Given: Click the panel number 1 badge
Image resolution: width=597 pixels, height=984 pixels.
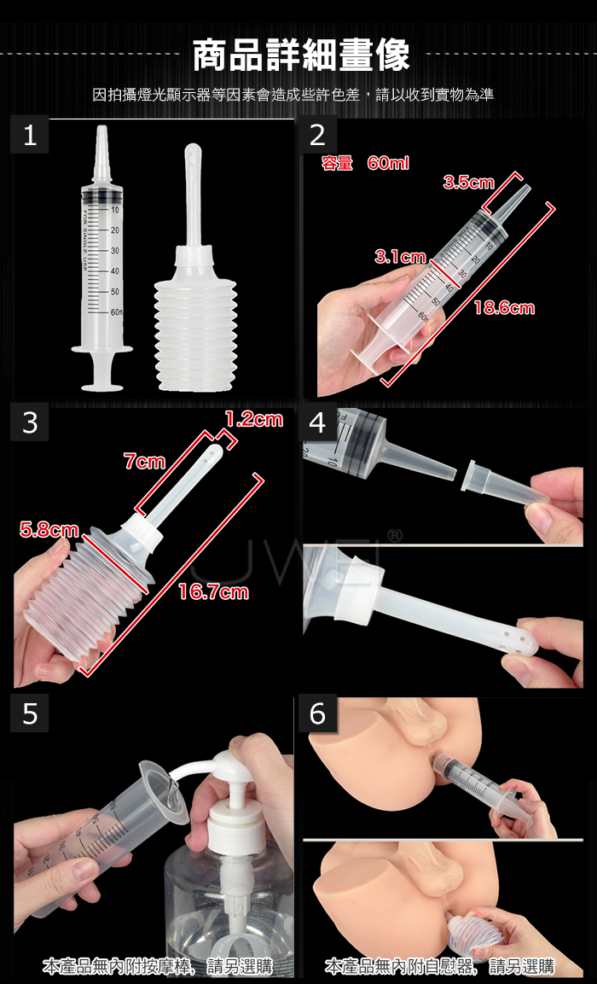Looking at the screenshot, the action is (x=30, y=136).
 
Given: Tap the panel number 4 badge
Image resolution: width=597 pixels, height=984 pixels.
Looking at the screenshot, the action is (x=318, y=423).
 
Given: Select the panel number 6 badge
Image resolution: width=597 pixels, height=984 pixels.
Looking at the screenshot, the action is (x=318, y=714).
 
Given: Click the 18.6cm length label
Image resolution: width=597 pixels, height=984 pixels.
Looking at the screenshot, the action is (x=504, y=307).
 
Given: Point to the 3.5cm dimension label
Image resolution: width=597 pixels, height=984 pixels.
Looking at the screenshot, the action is (x=468, y=183).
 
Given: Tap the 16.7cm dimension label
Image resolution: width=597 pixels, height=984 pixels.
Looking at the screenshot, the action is (x=213, y=591).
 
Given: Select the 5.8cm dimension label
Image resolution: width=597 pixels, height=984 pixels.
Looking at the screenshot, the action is (x=49, y=530).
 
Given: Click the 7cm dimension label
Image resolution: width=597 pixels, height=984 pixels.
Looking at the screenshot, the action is (x=144, y=462).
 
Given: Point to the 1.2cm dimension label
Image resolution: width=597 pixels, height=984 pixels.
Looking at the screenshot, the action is (x=254, y=419).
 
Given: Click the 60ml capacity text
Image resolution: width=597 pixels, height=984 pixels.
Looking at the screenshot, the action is (x=388, y=164).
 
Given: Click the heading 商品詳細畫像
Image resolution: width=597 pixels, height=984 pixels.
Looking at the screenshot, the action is (x=301, y=55).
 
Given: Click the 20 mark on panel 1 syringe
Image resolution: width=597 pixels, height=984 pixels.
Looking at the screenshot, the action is (x=114, y=230).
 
